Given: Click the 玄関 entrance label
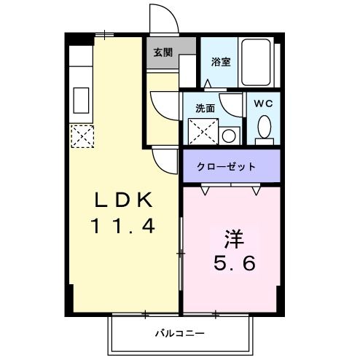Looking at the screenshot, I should (163, 52).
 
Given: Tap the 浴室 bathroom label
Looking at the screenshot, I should (220, 62).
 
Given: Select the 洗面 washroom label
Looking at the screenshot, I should (205, 108).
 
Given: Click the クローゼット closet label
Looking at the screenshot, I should (227, 166).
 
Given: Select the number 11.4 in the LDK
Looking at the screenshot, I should (123, 227).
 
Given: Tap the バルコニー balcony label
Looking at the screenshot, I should (179, 335).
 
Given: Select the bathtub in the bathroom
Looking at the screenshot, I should (257, 62).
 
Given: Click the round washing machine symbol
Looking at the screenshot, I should (228, 136).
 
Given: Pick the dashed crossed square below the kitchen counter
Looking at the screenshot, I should (82, 135).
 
